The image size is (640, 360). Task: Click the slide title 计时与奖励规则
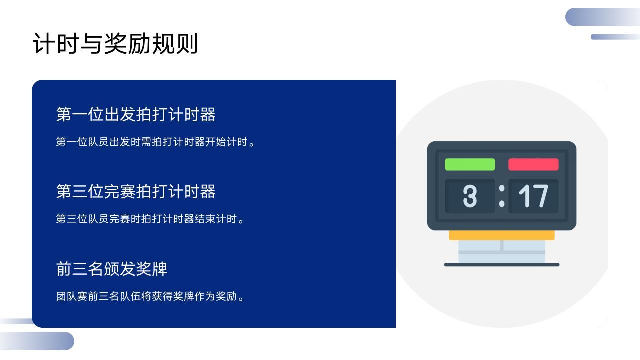coord(115,43)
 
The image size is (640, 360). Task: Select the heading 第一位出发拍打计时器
coord(136,114)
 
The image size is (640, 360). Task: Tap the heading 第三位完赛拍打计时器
coord(136,191)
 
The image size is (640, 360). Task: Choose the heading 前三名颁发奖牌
coord(112,269)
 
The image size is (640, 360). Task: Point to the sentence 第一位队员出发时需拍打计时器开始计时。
coord(155,142)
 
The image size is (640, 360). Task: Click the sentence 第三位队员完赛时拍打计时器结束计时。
coord(150,219)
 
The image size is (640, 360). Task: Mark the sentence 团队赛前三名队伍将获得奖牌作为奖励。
coord(150,296)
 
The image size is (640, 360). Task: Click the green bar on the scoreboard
coord(470,164)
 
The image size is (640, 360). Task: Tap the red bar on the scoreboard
coord(533,164)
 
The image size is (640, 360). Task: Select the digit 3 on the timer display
coord(470,196)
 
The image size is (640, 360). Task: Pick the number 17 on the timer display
coord(533,196)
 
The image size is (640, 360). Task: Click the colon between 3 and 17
coord(502,196)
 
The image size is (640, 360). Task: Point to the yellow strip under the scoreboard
coord(502,235)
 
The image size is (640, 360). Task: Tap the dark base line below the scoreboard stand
coord(502,265)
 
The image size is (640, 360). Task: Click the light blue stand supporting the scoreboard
coord(502,251)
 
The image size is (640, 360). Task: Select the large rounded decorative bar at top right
coord(602,17)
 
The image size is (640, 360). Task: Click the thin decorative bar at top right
coord(615,37)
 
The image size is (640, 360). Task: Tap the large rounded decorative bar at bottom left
coord(37,341)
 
